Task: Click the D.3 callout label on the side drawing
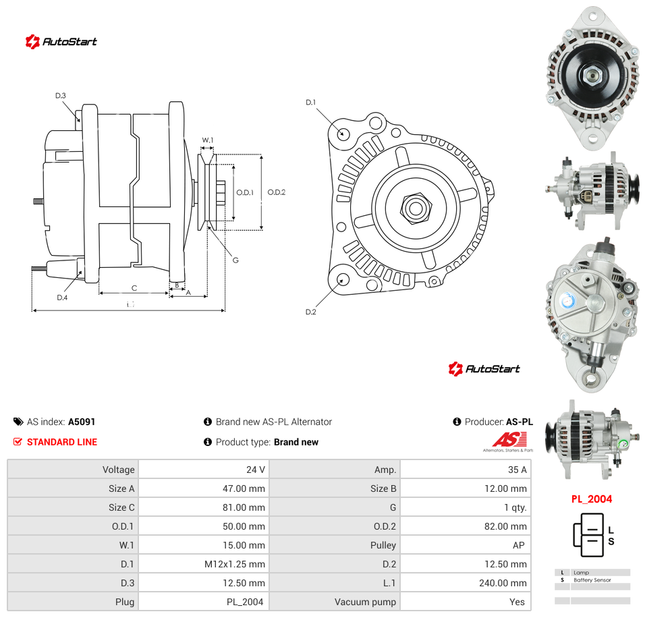[x=61, y=95]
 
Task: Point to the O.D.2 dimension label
[x=276, y=192]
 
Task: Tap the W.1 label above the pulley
[x=208, y=140]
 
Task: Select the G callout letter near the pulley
[x=235, y=260]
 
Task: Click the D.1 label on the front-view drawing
[x=310, y=102]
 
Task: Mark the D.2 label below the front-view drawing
[x=310, y=312]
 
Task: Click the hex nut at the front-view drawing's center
[x=416, y=208]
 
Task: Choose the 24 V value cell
[x=204, y=470]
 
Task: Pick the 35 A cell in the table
[x=466, y=470]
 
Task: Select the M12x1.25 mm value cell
[x=204, y=564]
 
